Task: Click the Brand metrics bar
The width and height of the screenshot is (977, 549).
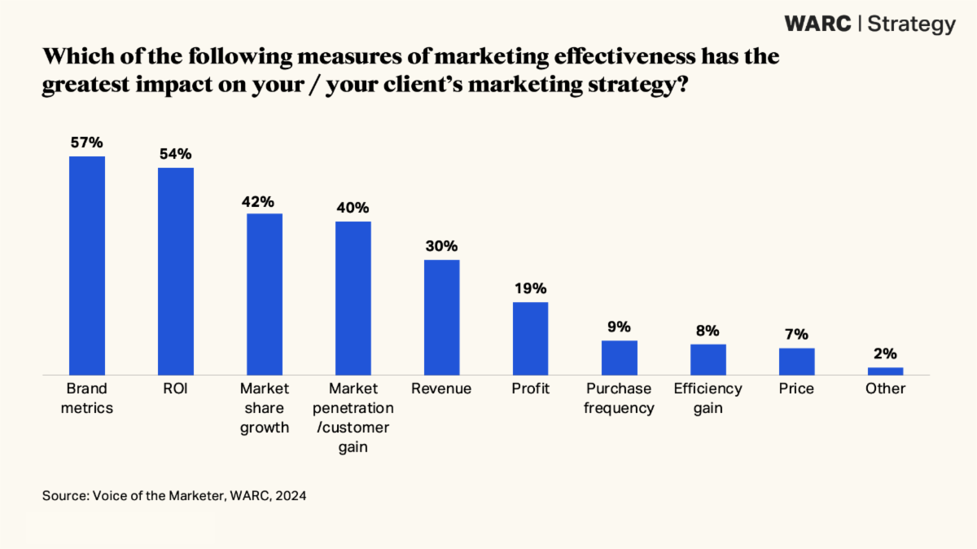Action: tap(87, 265)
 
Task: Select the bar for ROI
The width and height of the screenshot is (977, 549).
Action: tap(176, 270)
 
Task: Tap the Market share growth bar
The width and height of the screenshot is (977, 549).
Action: tap(265, 293)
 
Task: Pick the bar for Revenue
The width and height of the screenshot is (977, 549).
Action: tap(442, 317)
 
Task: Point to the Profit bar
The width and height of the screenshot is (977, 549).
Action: tap(530, 338)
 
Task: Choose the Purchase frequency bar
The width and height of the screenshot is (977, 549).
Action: tap(620, 358)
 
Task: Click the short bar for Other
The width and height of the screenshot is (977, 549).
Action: tap(886, 371)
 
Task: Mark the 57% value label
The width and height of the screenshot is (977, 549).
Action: tap(87, 143)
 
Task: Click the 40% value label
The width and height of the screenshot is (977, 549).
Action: tap(353, 208)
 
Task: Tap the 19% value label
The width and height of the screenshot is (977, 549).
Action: tap(530, 288)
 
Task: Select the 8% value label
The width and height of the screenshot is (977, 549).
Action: tap(708, 331)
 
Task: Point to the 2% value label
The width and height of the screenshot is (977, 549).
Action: tap(886, 354)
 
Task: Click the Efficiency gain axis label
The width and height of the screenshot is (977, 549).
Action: tap(708, 398)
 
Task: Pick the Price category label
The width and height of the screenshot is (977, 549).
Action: tap(796, 389)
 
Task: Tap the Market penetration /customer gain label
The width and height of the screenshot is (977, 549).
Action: tap(353, 418)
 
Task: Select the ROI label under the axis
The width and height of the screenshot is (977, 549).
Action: tap(176, 389)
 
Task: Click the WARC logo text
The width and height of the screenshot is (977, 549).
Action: tap(817, 24)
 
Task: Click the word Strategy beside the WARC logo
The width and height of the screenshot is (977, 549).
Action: tap(911, 24)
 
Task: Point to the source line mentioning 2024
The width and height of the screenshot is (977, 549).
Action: tap(174, 495)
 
